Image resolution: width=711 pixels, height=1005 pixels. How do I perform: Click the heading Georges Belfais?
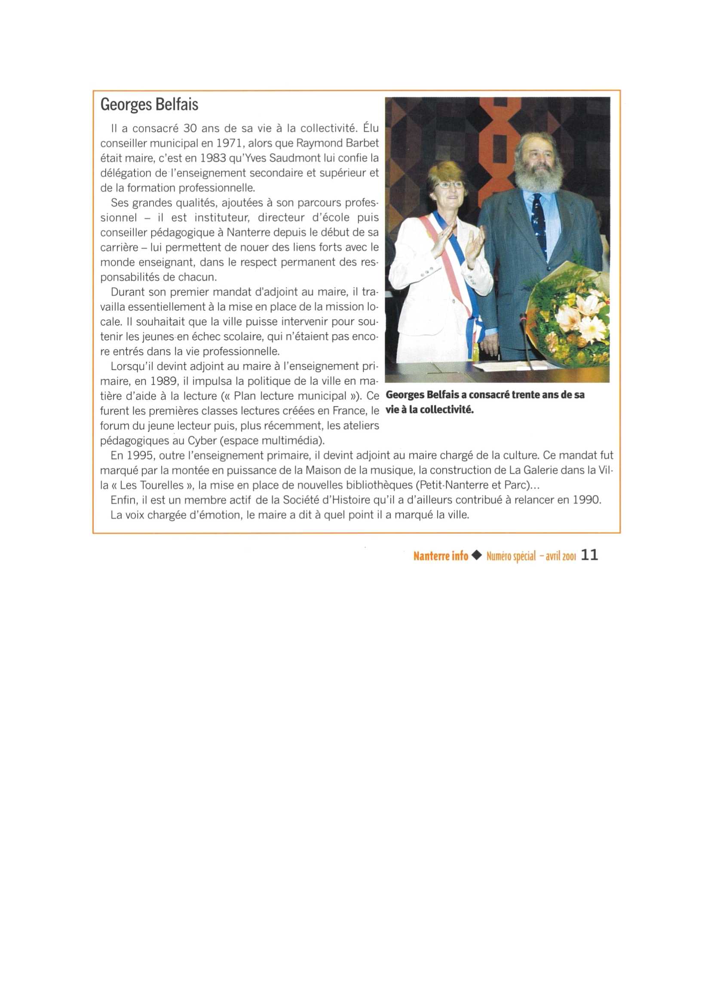tap(149, 105)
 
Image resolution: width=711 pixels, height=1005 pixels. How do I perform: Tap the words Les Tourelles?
tap(152, 485)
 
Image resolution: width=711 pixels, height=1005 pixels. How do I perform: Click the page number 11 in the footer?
tap(589, 556)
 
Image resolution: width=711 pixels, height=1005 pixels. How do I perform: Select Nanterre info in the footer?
tap(441, 556)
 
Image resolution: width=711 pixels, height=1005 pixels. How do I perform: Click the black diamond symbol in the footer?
tap(478, 556)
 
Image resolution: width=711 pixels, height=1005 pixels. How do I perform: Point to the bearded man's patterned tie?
tap(539, 223)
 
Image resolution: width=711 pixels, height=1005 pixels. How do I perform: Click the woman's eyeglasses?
tap(449, 185)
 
